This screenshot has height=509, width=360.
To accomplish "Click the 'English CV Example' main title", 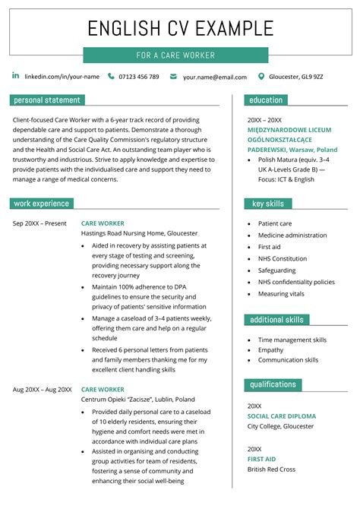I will (x=180, y=29).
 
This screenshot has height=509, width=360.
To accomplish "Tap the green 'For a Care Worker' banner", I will (x=175, y=55).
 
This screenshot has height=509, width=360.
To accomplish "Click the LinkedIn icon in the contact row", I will (x=16, y=76).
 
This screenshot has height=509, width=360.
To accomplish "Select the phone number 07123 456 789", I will (x=139, y=77).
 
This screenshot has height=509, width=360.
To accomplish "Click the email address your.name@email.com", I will (x=214, y=77).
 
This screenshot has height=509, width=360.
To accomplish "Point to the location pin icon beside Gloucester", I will (x=262, y=76).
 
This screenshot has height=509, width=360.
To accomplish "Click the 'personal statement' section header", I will (x=47, y=100).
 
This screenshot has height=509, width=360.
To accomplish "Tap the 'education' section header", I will (x=266, y=100).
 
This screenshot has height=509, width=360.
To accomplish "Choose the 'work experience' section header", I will (x=42, y=204).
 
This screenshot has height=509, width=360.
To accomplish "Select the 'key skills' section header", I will (x=267, y=204).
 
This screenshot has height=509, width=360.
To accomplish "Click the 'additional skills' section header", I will (x=276, y=320).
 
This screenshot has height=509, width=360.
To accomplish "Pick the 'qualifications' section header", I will (x=273, y=384).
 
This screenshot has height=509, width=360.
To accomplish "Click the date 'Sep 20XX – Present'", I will (x=39, y=223).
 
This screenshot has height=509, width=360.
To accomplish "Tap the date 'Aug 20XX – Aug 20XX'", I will (x=43, y=390).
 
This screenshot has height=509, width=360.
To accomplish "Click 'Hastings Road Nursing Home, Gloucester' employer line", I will (x=140, y=234).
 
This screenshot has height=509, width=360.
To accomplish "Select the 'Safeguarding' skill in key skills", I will (x=277, y=270).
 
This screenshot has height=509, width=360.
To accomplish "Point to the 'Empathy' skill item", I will (x=270, y=349).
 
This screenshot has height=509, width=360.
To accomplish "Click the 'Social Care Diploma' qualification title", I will (x=282, y=416).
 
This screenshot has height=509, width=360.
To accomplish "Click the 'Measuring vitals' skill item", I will (x=281, y=293).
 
